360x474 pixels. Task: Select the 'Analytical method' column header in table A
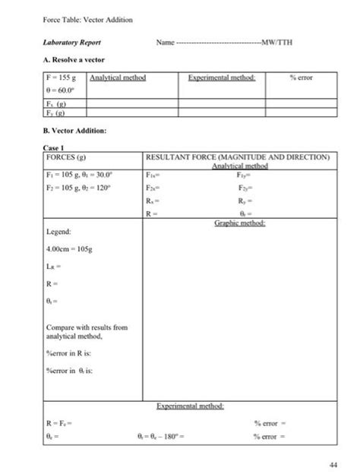point(117,77)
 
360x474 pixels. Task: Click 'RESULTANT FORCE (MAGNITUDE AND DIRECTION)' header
point(238,158)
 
